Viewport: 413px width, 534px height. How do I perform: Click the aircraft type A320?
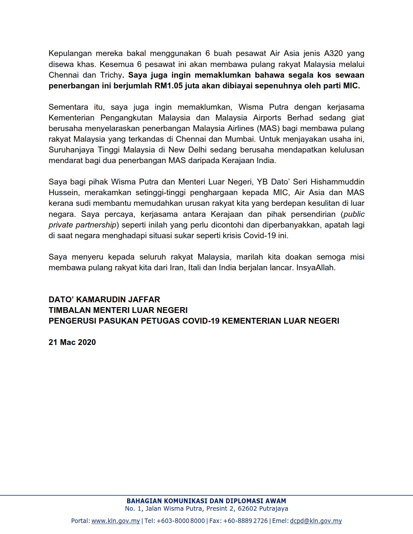tap(333, 53)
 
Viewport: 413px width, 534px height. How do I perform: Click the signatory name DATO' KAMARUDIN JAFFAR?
tap(104, 300)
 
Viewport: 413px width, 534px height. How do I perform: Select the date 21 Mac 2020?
tap(72, 342)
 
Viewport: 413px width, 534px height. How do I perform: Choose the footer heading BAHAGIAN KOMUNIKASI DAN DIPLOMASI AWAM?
tap(206, 501)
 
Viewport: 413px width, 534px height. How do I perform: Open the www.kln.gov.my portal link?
tap(116, 521)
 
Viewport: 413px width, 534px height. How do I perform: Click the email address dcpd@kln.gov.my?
tap(316, 521)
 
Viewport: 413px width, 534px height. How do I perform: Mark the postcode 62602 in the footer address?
tap(247, 508)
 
